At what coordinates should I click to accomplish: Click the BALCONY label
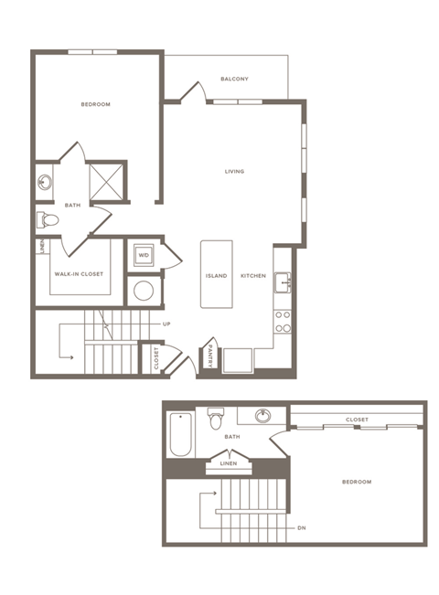pos(234,79)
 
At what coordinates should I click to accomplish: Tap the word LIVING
pos(235,172)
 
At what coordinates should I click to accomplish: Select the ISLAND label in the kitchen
pos(216,276)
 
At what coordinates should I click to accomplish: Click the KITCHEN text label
pos(253,276)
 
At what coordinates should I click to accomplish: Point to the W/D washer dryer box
pos(144,255)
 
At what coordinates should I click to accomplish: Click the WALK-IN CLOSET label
pos(80,274)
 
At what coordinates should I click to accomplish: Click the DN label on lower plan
pos(302,528)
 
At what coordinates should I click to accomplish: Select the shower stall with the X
pos(107,180)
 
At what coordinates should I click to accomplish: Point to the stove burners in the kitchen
pos(284,322)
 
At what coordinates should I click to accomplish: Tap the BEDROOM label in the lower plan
pos(356,482)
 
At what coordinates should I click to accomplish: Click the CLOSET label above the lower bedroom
pos(357,420)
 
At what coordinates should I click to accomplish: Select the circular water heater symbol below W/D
pos(144,291)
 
